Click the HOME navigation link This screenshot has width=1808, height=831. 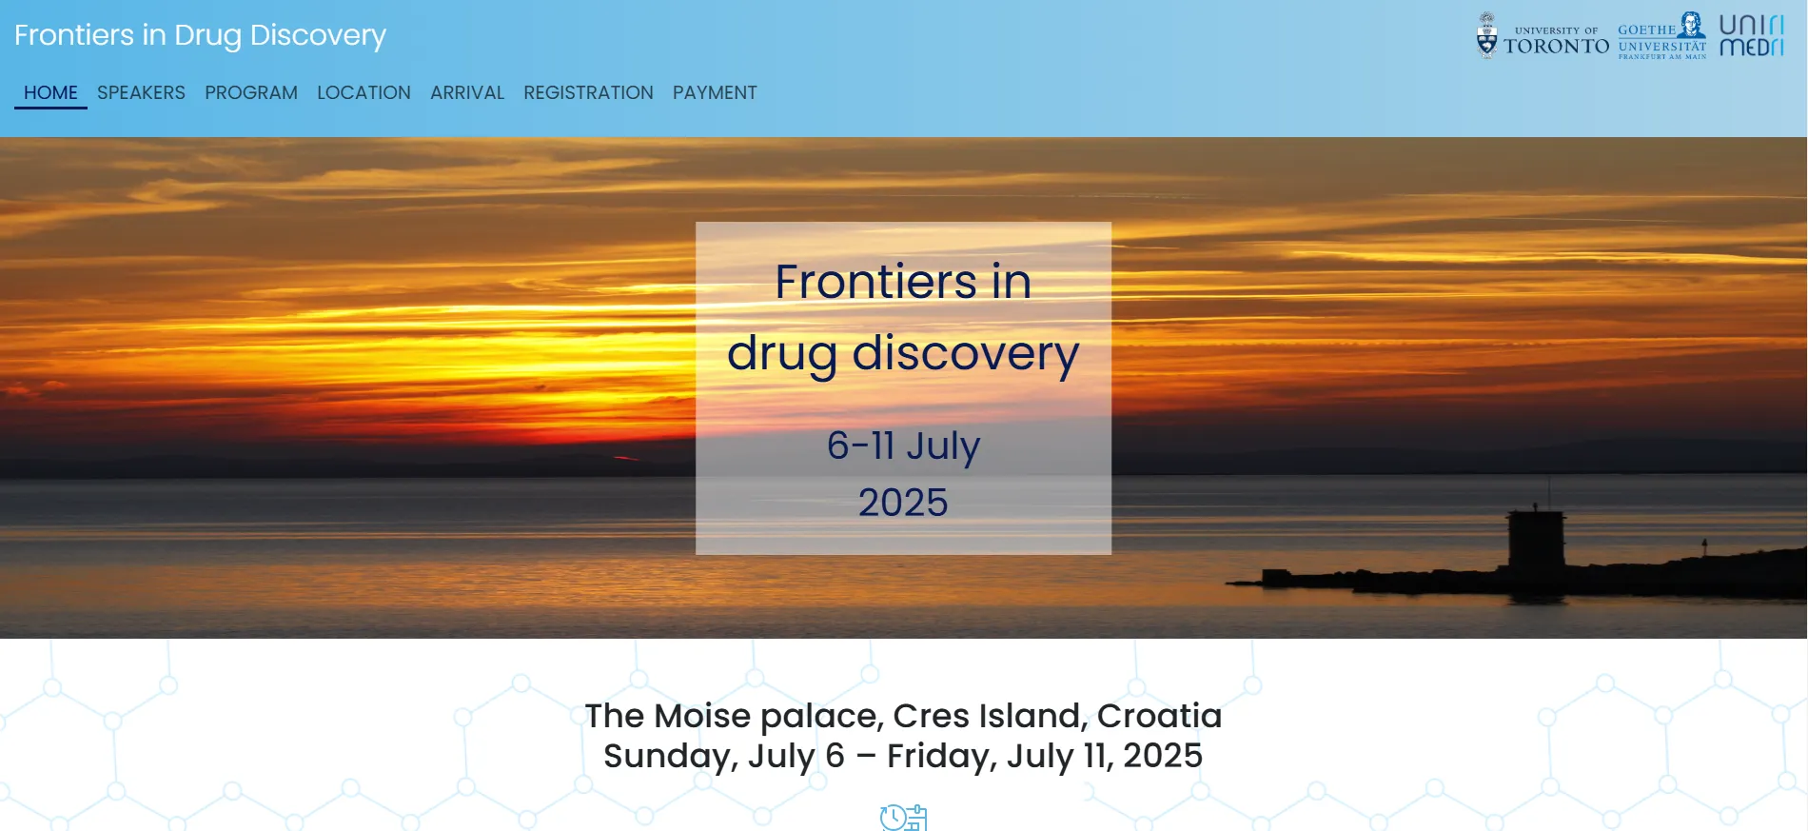(x=50, y=92)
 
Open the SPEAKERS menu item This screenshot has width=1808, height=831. (x=141, y=92)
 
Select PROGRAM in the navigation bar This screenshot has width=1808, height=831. (x=251, y=92)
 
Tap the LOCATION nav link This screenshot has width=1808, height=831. (x=364, y=92)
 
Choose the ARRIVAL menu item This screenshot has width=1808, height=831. (x=467, y=92)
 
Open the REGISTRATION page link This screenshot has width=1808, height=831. (x=588, y=92)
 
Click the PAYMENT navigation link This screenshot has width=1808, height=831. (x=715, y=92)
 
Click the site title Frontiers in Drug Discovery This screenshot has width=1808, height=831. (x=200, y=35)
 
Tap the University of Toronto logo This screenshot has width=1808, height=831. (x=1543, y=36)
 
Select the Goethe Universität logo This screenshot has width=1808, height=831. (x=1662, y=36)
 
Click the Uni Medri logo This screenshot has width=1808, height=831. (x=1751, y=35)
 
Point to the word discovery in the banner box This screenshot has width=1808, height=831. (x=965, y=354)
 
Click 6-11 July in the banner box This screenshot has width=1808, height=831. (x=903, y=445)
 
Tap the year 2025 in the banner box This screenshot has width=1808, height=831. (x=903, y=503)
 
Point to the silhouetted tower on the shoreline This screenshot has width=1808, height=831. (x=1536, y=543)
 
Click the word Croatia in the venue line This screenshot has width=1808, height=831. (x=1159, y=716)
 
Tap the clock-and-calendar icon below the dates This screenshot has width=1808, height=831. (x=903, y=818)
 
